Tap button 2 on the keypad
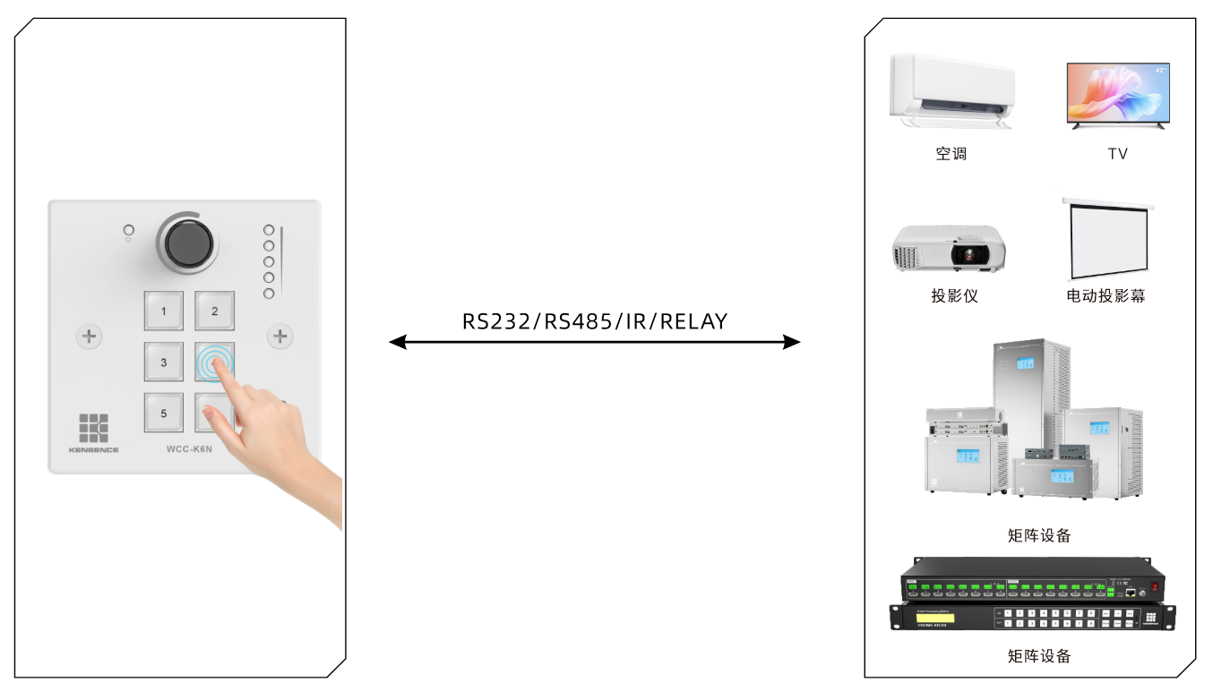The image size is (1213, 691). (215, 311)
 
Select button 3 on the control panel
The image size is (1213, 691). (164, 363)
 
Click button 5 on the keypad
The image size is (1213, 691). (164, 414)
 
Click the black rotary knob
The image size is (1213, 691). (187, 242)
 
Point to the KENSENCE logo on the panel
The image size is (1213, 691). (93, 431)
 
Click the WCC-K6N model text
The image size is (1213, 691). (189, 448)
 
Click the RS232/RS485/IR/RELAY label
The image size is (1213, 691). (595, 321)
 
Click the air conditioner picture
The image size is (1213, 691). (951, 90)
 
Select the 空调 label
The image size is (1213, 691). (951, 154)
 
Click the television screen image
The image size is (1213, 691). (1118, 93)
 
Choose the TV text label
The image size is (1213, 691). (1118, 154)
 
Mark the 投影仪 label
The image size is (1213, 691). (954, 295)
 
